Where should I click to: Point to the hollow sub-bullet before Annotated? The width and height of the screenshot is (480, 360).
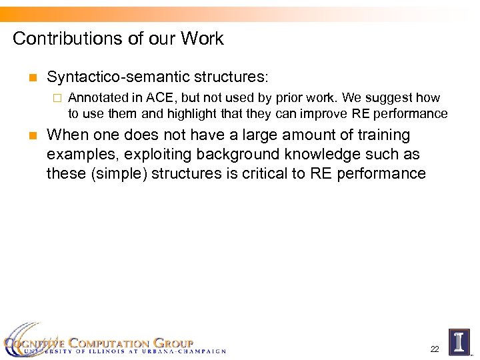[57, 99]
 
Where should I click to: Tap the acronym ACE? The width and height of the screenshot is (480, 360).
[169, 98]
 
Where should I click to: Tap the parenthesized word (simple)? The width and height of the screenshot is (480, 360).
[115, 174]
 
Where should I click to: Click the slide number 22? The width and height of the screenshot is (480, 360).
[435, 349]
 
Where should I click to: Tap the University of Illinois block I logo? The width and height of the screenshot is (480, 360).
[459, 341]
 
